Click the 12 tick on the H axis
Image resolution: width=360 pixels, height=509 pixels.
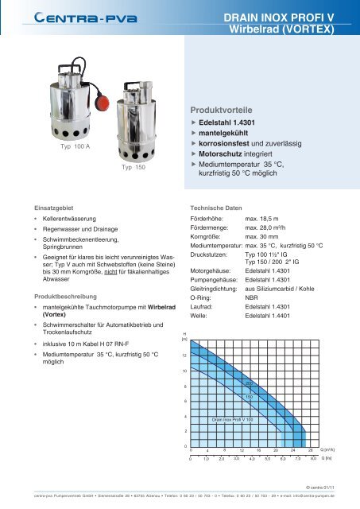pos(184,356)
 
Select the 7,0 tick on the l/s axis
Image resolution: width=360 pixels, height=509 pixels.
pos(298,459)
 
